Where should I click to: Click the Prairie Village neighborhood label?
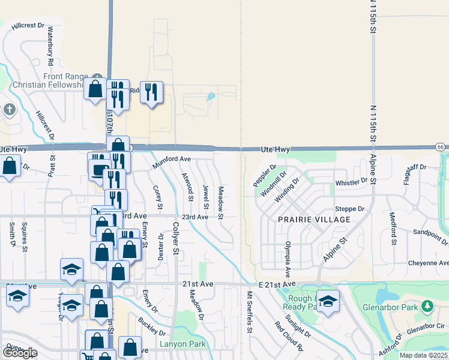pyautogui.click(x=314, y=220)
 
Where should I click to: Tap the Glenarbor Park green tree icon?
pyautogui.click(x=427, y=307)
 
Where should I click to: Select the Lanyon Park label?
pyautogui.click(x=182, y=344)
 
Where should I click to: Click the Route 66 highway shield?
pyautogui.click(x=440, y=147)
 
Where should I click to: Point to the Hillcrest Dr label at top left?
pyautogui.click(x=28, y=26)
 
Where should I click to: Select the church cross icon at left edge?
pyautogui.click(x=8, y=110)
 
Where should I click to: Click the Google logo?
pyautogui.click(x=20, y=352)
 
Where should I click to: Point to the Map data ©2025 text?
pyautogui.click(x=423, y=355)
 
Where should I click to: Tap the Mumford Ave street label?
pyautogui.click(x=172, y=161)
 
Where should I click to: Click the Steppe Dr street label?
pyautogui.click(x=353, y=209)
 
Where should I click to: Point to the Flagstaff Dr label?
pyautogui.click(x=415, y=167)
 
